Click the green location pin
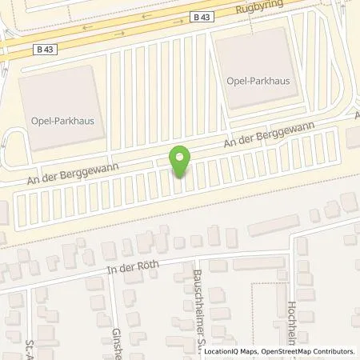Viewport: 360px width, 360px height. point(181,161)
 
